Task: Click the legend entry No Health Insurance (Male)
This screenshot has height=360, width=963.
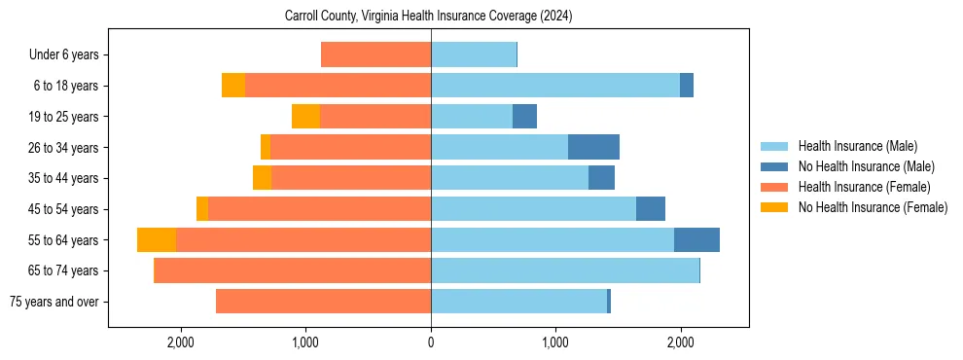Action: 866,166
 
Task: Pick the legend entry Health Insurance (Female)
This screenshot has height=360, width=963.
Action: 864,187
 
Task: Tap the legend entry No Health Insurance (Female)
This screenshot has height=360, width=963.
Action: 873,207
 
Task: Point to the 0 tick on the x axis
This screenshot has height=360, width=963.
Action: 431,342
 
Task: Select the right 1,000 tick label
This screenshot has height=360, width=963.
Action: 555,342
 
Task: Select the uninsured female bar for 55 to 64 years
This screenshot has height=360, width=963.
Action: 157,240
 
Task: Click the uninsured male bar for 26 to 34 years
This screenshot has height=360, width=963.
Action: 593,148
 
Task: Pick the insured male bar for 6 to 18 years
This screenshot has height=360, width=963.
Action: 554,86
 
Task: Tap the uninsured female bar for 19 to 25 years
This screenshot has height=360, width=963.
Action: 305,117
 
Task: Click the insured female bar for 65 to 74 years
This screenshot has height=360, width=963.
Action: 293,270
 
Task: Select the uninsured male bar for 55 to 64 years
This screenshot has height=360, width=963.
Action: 696,240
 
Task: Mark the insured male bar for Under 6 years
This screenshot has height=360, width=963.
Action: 473,55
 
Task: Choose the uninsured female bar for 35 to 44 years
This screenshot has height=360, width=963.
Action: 262,178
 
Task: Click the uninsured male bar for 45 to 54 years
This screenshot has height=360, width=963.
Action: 651,209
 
